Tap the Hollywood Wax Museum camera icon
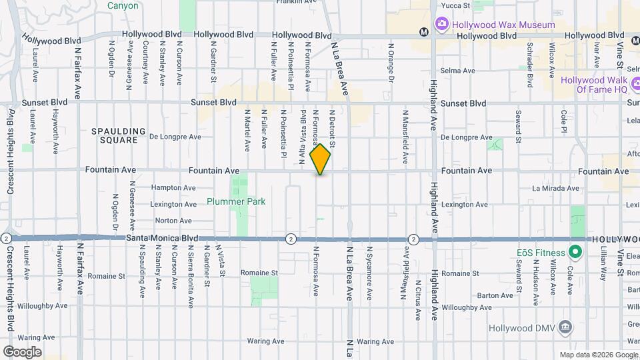[x=441, y=25]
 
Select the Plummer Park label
[x=236, y=201]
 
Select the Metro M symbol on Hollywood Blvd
[x=423, y=31]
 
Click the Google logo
[x=22, y=351]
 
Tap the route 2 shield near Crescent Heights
[x=6, y=238]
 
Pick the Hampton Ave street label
[x=173, y=188]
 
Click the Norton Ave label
[x=173, y=221]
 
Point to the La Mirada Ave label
[x=555, y=189]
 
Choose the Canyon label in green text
[x=123, y=6]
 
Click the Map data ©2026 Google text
[x=597, y=355]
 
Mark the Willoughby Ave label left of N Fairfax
[x=43, y=306]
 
